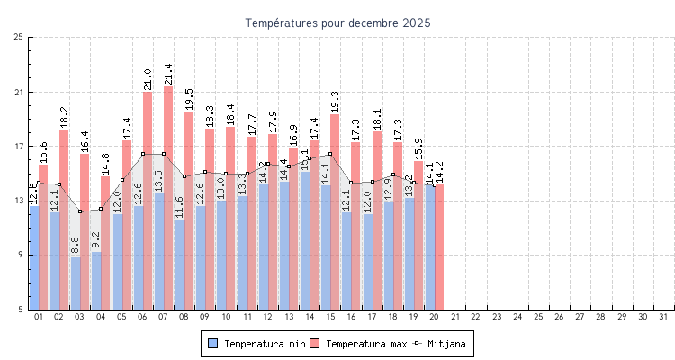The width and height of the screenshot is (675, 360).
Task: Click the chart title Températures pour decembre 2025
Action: click(x=337, y=22)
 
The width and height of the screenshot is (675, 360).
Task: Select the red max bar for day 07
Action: click(x=168, y=198)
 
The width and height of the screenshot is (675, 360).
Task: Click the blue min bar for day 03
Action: click(x=76, y=283)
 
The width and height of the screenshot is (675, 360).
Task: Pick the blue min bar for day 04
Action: click(x=96, y=281)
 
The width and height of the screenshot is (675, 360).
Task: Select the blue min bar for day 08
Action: click(x=180, y=265)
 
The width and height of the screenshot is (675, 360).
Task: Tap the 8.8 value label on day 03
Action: click(x=76, y=244)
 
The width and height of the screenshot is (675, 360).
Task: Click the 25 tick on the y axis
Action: click(x=19, y=37)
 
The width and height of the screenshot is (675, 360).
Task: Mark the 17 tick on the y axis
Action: click(x=19, y=147)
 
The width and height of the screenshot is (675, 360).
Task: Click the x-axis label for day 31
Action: click(x=664, y=317)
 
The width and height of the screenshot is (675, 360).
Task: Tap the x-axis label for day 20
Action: click(x=435, y=317)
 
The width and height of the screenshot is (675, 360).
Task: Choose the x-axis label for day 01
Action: click(x=39, y=317)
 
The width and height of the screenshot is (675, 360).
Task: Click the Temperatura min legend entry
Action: click(x=256, y=344)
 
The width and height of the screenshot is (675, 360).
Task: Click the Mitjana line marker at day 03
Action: click(x=80, y=211)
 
